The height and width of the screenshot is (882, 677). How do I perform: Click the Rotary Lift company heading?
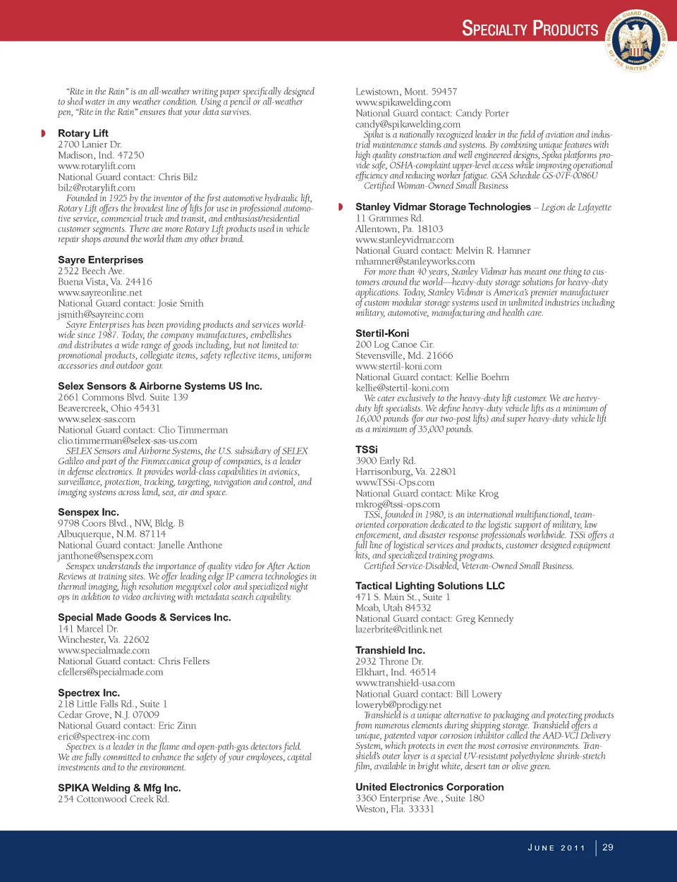click(x=83, y=133)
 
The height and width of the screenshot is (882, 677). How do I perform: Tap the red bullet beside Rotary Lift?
click(x=43, y=133)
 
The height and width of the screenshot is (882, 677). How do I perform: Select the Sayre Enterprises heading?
click(x=100, y=260)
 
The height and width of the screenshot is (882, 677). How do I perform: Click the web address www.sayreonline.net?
click(x=100, y=293)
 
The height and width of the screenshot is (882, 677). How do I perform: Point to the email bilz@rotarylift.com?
click(x=97, y=188)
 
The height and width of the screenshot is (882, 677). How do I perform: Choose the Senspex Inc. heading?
click(x=88, y=513)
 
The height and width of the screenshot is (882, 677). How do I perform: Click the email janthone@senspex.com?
click(x=105, y=556)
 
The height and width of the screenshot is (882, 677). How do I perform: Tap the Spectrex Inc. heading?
click(x=89, y=693)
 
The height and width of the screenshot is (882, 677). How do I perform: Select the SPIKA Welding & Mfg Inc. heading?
click(x=119, y=788)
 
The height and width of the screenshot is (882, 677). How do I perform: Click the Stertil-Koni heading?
click(x=382, y=333)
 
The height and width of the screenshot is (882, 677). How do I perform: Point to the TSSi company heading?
click(x=367, y=450)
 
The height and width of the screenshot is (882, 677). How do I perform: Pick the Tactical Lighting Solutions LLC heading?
click(x=430, y=586)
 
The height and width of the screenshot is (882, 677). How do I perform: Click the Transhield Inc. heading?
click(x=390, y=651)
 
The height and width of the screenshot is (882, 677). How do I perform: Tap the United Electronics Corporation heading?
click(x=429, y=787)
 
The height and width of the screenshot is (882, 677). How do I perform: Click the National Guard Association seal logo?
click(x=638, y=41)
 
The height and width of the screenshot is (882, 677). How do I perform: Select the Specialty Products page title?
click(x=530, y=29)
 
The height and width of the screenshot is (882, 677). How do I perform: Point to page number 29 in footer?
click(x=608, y=847)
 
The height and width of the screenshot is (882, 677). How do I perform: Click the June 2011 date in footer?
click(x=556, y=848)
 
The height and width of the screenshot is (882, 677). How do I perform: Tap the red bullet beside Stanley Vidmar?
click(x=341, y=207)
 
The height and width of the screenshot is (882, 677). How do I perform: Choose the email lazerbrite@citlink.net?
click(x=398, y=630)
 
